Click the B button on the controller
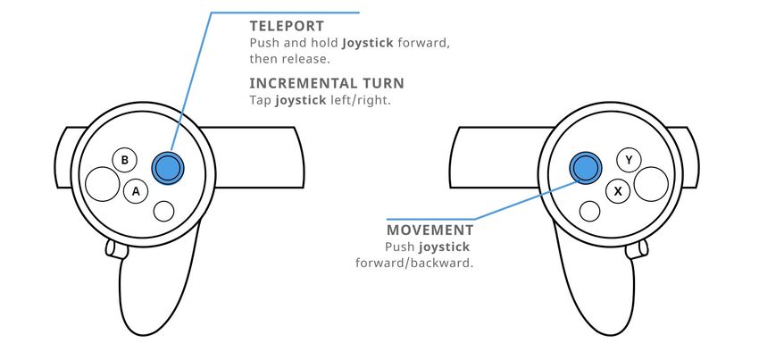[125, 161]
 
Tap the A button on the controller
[136, 191]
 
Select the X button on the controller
[618, 191]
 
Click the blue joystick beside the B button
[167, 167]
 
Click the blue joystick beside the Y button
[585, 166]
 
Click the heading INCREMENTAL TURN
[327, 83]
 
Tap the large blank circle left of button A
[103, 185]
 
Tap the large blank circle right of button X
[651, 184]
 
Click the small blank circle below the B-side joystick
[163, 211]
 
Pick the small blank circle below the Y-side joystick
[589, 211]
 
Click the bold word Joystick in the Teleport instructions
[368, 43]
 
